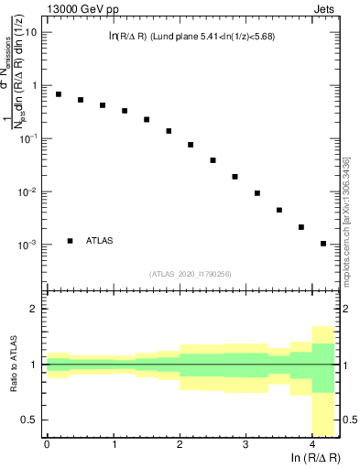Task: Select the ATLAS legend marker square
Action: pyautogui.click(x=71, y=241)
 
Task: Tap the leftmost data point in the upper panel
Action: pyautogui.click(x=59, y=94)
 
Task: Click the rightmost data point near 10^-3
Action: pyautogui.click(x=323, y=244)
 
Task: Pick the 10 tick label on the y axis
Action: pyautogui.click(x=30, y=31)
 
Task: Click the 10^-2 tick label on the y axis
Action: pyautogui.click(x=28, y=191)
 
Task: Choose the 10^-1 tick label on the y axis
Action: pyautogui.click(x=28, y=138)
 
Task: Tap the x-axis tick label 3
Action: pyautogui.click(x=245, y=443)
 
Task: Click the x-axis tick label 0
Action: pyautogui.click(x=47, y=443)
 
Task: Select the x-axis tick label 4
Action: pyautogui.click(x=312, y=443)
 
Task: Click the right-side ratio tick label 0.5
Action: pyautogui.click(x=348, y=420)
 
